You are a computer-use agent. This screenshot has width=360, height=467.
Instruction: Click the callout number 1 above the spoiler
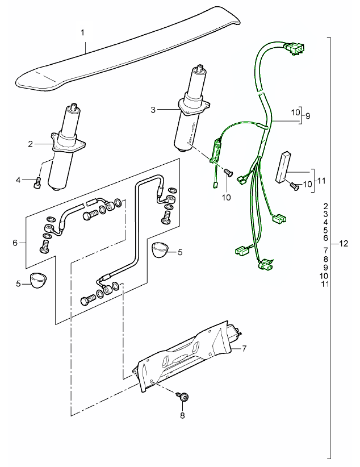83,33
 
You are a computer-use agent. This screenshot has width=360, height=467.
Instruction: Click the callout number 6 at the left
15,243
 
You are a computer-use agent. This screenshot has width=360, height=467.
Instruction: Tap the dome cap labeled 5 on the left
39,281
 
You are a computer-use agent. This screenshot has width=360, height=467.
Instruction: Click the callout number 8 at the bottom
182,415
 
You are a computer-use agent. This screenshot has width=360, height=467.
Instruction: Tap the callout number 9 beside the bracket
308,115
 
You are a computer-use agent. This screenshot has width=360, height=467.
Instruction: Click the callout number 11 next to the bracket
321,181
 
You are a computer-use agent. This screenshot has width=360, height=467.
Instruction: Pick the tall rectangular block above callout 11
284,166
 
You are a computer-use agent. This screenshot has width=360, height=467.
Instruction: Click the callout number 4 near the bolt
18,180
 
